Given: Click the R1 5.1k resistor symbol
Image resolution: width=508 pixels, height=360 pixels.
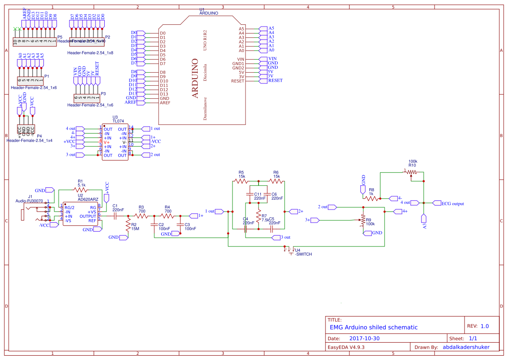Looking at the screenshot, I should click(81, 190).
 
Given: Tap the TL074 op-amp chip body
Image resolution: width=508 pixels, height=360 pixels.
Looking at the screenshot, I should click(115, 142).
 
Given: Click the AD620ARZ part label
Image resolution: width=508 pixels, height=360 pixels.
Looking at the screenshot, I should click(88, 199).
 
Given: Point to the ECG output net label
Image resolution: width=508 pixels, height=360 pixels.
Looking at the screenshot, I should click(452, 203).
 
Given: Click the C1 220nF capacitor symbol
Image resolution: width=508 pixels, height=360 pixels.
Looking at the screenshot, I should click(115, 216).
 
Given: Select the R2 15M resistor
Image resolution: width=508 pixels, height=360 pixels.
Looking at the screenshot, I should click(128, 226).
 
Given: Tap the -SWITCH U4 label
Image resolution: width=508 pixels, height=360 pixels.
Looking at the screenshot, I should click(303, 254).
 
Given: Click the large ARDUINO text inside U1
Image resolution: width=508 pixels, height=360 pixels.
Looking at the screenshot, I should click(195, 78).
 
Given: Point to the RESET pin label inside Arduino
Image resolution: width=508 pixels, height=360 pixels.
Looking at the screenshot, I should click(238, 81).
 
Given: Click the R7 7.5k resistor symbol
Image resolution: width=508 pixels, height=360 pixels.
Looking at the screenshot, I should click(259, 217).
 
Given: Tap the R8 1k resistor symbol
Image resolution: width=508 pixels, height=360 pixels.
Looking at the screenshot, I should click(372, 198).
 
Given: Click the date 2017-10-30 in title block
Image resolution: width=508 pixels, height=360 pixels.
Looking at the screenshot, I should click(364, 338).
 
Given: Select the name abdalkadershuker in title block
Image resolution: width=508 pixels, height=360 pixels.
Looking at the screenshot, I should click(466, 347).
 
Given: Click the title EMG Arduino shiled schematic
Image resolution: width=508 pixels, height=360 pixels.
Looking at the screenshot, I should click(373, 327).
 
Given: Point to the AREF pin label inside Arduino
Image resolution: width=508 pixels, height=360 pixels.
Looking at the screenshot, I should click(165, 103).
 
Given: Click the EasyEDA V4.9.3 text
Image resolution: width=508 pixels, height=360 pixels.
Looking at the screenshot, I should click(345, 347).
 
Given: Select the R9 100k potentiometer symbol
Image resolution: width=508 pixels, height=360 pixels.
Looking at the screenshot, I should click(363, 223).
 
